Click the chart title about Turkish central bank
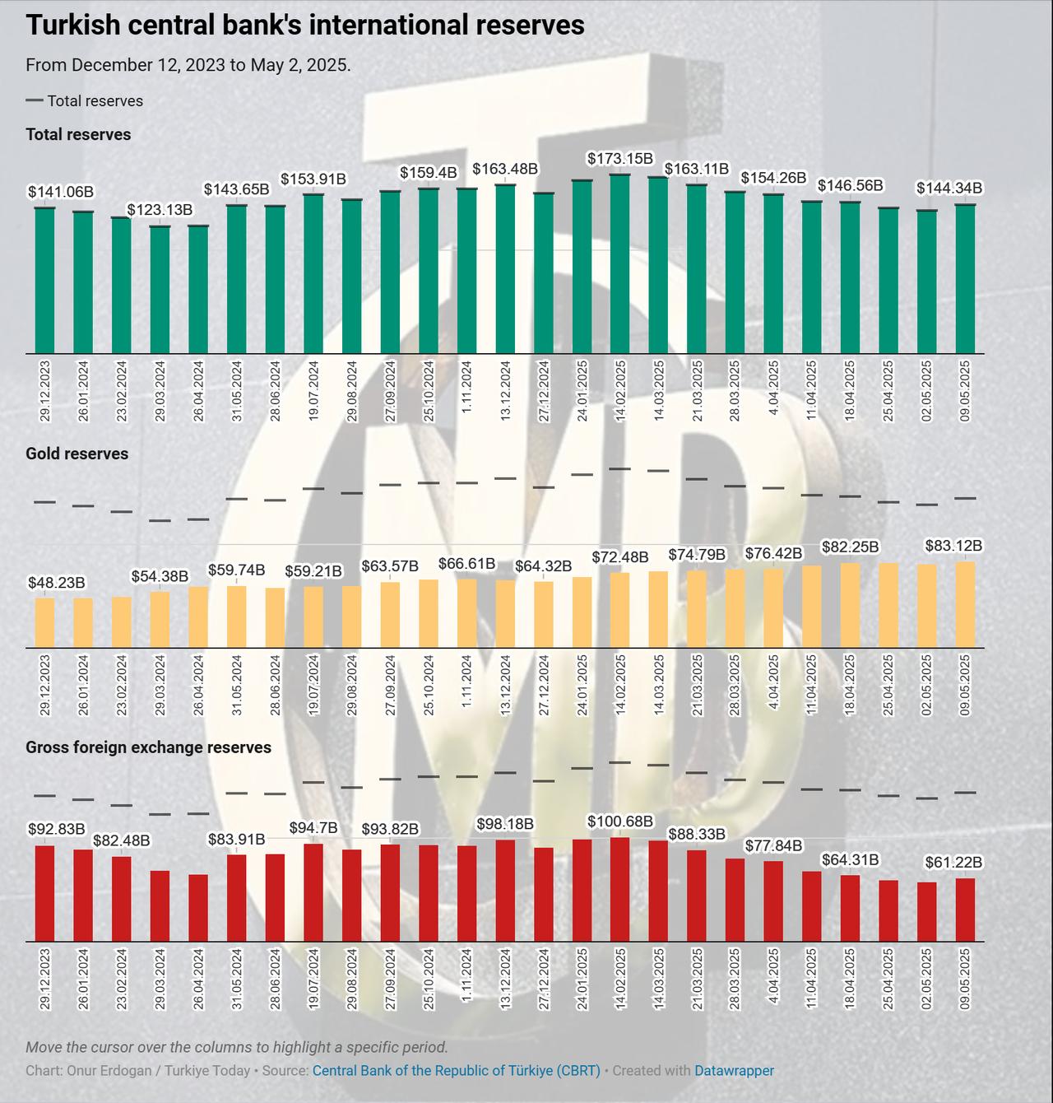pos(305,26)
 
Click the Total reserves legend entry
pos(85,101)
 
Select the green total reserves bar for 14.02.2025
pos(620,263)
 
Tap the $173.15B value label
pos(620,158)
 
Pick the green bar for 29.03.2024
pos(160,290)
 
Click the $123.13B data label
pos(160,210)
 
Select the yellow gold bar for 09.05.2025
pos(966,604)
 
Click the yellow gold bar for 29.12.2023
pos(45,622)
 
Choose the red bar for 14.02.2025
pos(620,889)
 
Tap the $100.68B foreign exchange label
pos(620,821)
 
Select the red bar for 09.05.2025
pos(966,910)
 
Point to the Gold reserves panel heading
pos(77,454)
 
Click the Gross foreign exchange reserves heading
pos(149,747)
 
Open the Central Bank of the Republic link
pos(457,1071)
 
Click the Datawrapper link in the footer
pos(734,1071)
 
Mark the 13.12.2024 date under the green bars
pos(506,391)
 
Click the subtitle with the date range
pos(188,65)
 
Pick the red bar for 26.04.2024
pos(198,907)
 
